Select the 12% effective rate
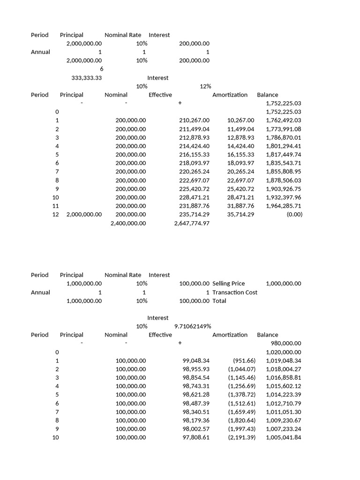click(205, 86)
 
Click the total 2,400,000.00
click(128, 224)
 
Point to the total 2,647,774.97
click(192, 224)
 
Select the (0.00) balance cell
click(295, 215)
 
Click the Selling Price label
click(228, 284)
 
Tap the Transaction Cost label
click(235, 292)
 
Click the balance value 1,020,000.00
click(284, 352)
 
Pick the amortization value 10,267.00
click(240, 120)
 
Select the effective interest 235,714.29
click(194, 215)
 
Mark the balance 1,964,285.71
click(284, 206)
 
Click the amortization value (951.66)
click(244, 360)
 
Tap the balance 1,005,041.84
click(284, 437)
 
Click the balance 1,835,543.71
click(284, 163)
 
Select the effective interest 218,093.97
click(194, 163)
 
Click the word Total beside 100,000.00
click(219, 301)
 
